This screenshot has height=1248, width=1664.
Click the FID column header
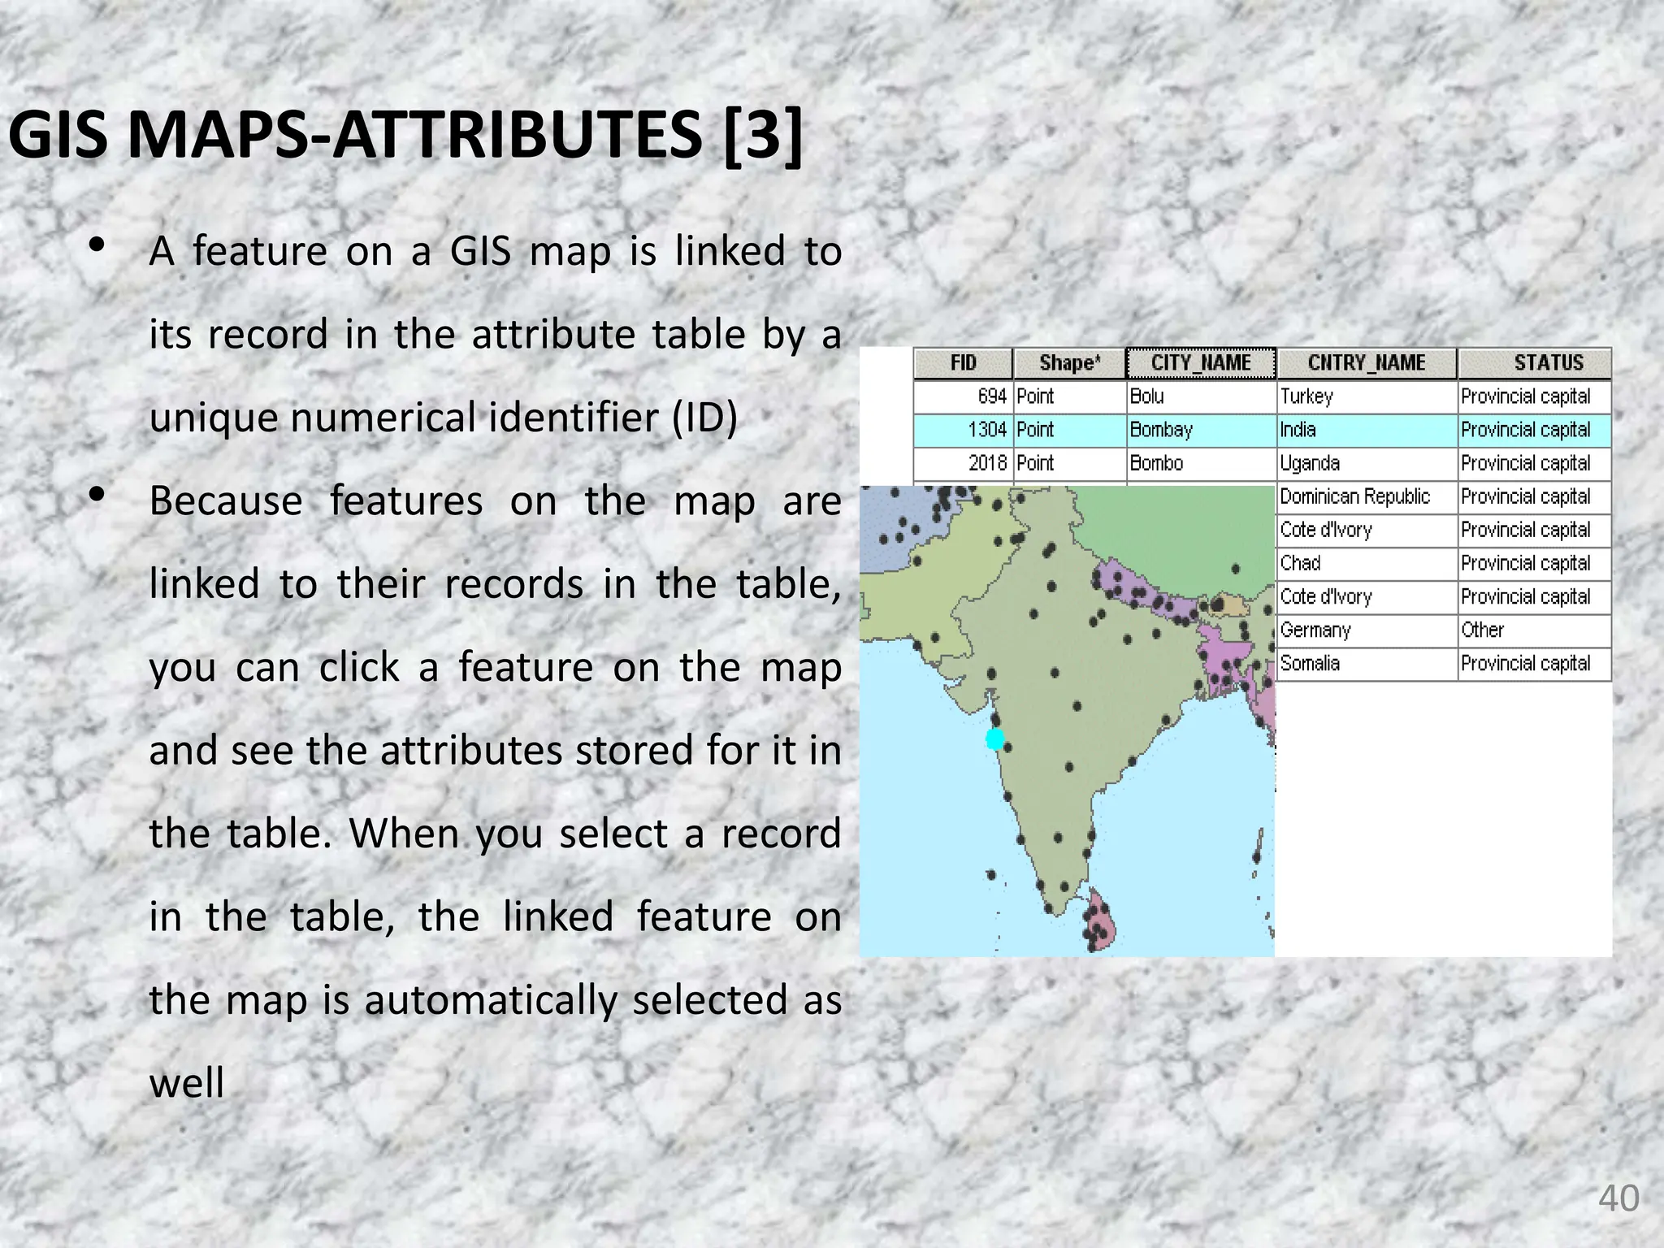click(x=963, y=363)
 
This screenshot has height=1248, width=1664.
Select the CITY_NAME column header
click(x=1201, y=363)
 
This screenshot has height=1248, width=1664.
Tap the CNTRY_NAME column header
click(x=1367, y=363)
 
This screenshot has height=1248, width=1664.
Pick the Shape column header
click(x=1069, y=363)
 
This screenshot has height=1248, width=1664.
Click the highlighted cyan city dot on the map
click(x=995, y=739)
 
